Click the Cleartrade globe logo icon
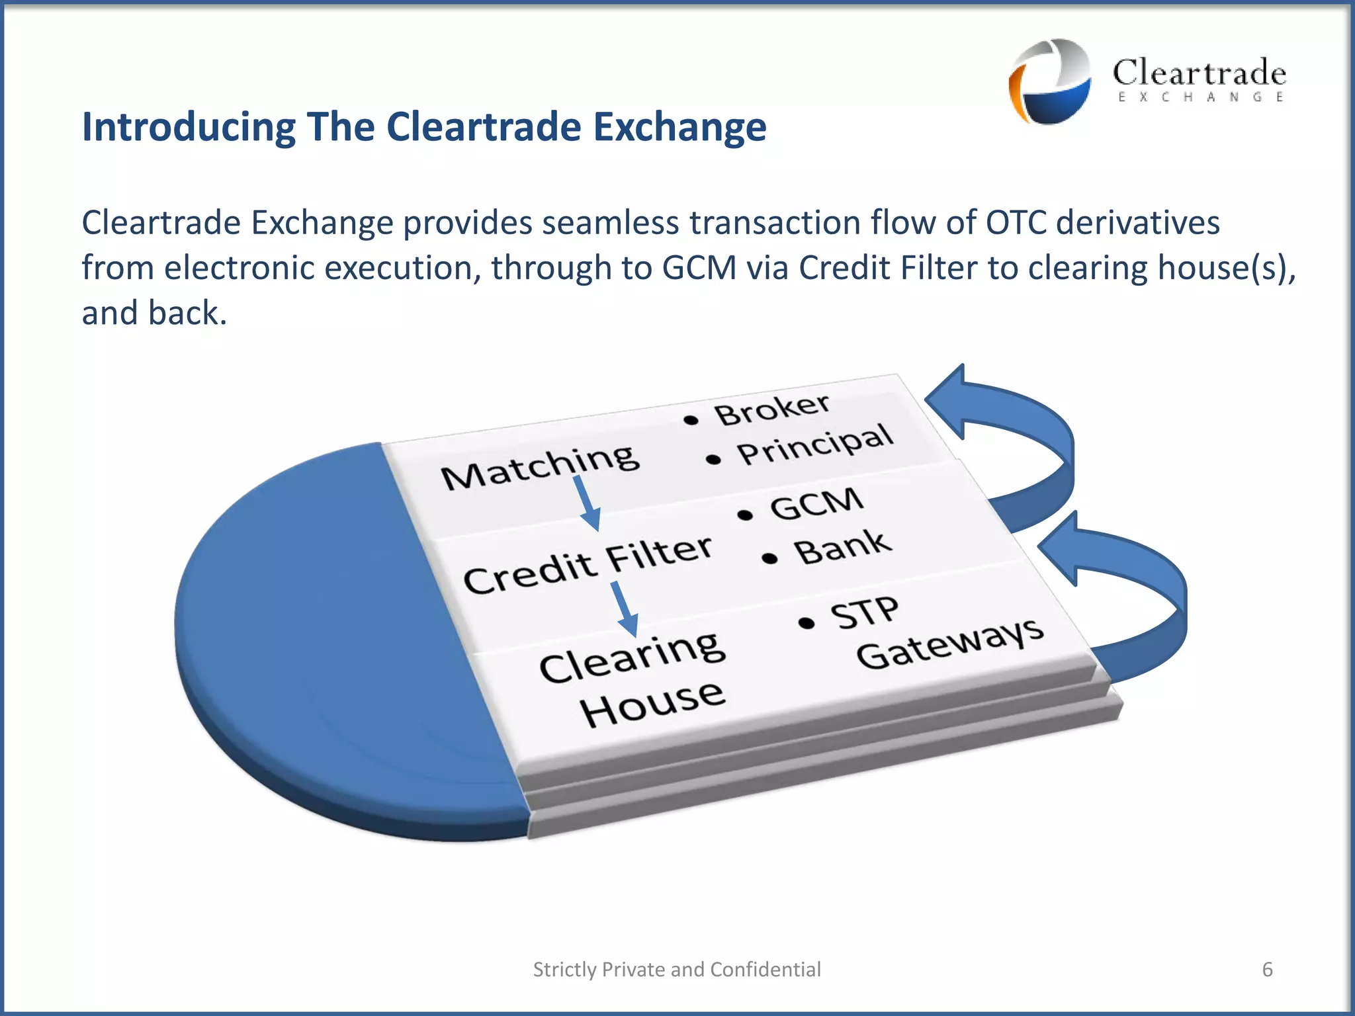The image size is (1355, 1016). click(x=1049, y=81)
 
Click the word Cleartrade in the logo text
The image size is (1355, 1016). click(x=1199, y=73)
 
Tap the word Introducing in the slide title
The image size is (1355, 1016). click(x=188, y=126)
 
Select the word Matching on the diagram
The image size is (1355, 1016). click(x=540, y=466)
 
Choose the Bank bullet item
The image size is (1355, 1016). click(x=842, y=547)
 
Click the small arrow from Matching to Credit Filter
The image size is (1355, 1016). click(x=587, y=503)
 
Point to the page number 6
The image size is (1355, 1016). click(x=1267, y=969)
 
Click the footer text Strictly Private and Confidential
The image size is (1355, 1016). click(x=677, y=969)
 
